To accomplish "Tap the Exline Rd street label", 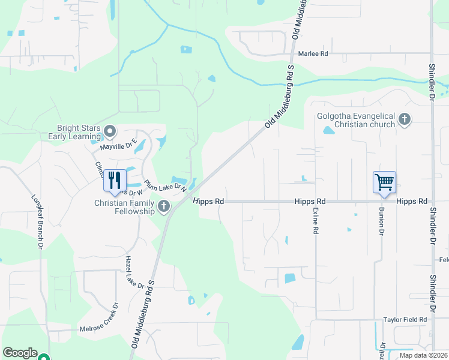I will (315, 221).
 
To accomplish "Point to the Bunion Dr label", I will (381, 223).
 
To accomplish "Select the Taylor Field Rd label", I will (405, 320).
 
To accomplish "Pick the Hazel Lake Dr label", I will (135, 272).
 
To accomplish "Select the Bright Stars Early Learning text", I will (79, 132).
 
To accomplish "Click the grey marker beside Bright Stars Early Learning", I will (110, 131).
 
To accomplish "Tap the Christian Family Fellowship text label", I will (125, 207).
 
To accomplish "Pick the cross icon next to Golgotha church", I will (405, 119).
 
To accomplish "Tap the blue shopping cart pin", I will (384, 182).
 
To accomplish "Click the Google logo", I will (20, 353).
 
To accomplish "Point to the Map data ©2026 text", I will (423, 355).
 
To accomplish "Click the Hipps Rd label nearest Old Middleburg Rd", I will (209, 202).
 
